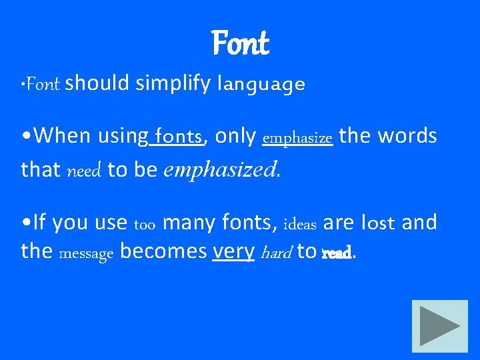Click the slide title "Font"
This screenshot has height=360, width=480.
click(240, 44)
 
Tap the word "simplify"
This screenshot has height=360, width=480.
click(173, 83)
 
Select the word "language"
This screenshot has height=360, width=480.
click(261, 85)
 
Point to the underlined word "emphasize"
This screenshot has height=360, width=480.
click(297, 138)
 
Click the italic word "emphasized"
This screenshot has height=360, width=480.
click(219, 170)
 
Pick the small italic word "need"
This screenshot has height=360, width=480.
click(84, 171)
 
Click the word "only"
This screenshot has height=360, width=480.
click(235, 137)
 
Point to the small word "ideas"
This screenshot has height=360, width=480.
click(300, 223)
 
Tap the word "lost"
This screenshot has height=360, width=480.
click(378, 223)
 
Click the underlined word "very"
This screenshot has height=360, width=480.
click(233, 252)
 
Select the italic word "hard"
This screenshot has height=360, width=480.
click(276, 252)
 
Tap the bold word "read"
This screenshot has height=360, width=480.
click(336, 253)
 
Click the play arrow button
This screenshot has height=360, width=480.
click(439, 326)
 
